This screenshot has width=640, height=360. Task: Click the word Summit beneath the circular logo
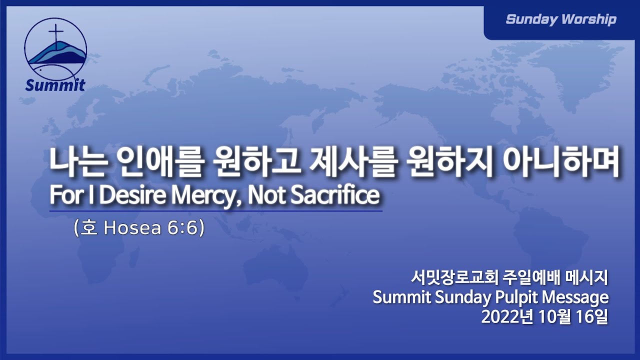55,85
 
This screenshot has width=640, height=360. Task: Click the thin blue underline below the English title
215,211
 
